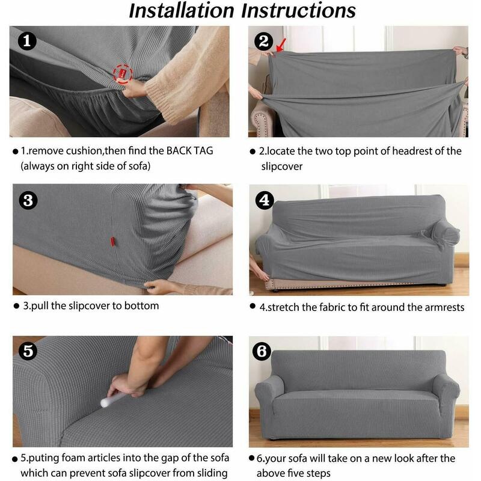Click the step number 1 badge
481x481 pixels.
27,41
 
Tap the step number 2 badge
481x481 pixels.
263,41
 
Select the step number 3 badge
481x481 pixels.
28,201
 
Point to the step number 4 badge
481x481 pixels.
265,200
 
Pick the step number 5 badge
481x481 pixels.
28,351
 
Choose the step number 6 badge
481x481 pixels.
262,351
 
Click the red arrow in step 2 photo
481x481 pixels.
281,45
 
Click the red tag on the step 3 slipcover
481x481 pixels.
112,242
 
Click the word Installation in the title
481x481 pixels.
182,11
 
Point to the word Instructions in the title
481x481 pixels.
298,11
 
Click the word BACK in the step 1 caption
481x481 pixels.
179,151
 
